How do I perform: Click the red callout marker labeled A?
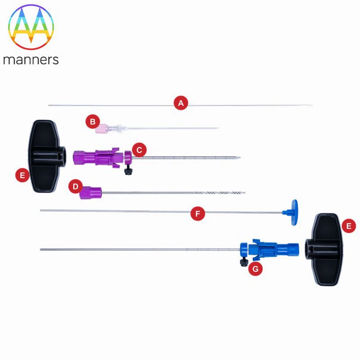[x=181, y=103]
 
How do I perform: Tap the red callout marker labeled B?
[x=93, y=121]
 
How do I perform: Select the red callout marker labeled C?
[x=139, y=150]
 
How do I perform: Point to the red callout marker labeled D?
[x=76, y=186]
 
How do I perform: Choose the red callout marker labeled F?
[x=198, y=213]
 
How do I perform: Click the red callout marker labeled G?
[x=255, y=269]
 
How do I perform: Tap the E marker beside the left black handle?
[x=22, y=175]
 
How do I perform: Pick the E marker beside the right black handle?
[x=349, y=226]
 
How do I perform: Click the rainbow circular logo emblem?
[x=31, y=27]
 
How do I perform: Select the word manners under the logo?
[x=31, y=60]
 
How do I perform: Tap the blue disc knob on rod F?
[x=294, y=212]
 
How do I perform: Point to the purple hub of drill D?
[x=91, y=193]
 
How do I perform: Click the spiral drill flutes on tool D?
[x=220, y=193]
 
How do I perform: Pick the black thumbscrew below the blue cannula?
[x=243, y=262]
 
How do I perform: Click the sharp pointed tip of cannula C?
[x=240, y=157]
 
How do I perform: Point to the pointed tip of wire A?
[x=312, y=105]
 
